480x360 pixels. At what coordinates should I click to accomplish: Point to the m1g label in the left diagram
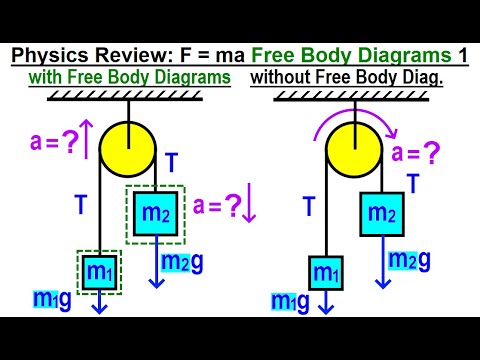[x=51, y=301]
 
